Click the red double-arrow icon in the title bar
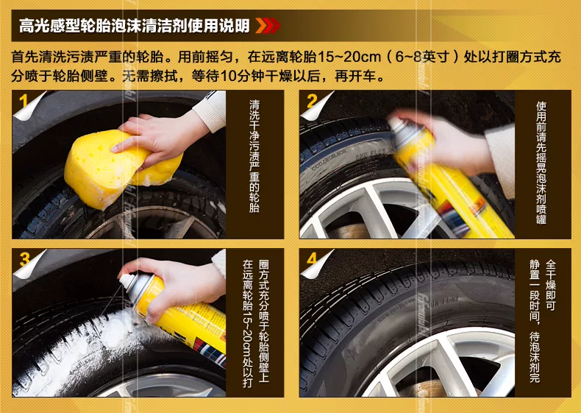(268, 26)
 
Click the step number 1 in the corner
(24, 102)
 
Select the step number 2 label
(312, 101)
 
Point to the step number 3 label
(24, 259)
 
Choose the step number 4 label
(312, 258)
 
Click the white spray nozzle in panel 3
(127, 280)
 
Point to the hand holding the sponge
(163, 136)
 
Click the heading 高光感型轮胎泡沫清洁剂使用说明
(134, 26)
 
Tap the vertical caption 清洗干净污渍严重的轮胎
(254, 156)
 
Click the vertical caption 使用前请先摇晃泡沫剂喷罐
(541, 163)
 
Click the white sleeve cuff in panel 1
(210, 110)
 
